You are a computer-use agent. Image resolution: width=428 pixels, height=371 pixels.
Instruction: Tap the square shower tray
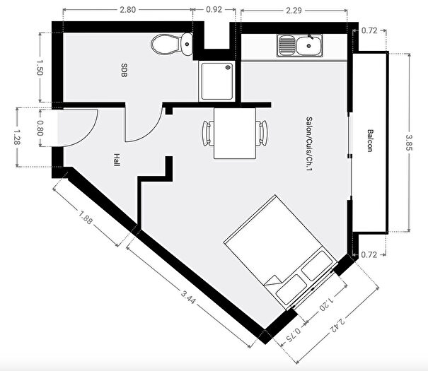click(216, 80)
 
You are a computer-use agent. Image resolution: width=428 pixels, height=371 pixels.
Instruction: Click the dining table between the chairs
click(236, 133)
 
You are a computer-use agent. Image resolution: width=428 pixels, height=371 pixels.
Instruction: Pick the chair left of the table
click(208, 132)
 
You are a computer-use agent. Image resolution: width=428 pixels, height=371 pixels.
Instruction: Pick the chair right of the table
click(263, 132)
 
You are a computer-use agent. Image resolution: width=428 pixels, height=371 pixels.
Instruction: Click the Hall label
click(115, 160)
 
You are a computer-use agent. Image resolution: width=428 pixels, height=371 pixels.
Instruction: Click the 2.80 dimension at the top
click(128, 10)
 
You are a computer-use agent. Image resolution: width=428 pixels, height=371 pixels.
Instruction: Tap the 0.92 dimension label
click(214, 10)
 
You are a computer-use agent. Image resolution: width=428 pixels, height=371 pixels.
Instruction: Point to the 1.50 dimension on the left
click(40, 68)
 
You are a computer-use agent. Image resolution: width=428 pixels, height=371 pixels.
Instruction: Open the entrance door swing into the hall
click(79, 129)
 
